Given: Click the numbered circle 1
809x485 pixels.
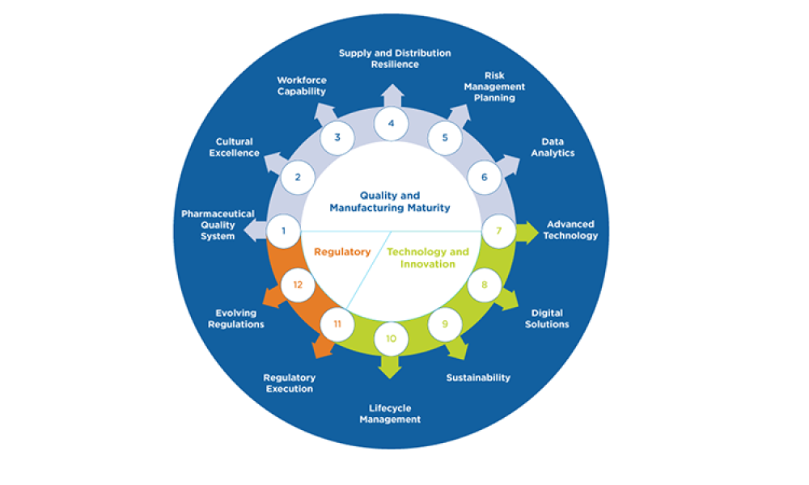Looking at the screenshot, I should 284,231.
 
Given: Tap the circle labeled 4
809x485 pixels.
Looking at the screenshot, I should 391,124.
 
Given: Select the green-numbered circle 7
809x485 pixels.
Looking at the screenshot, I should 499,231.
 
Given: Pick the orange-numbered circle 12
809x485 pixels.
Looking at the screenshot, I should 299,285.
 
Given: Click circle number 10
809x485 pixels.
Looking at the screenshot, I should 391,339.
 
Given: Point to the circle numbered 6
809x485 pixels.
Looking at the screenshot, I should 485,177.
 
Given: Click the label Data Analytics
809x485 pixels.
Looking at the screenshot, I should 553,147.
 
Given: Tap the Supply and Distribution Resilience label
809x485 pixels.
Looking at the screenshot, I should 395,58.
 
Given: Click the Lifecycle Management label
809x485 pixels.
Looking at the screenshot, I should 390,414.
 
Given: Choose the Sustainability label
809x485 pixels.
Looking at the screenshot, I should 478,377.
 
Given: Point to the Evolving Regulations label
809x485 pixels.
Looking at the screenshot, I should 235,318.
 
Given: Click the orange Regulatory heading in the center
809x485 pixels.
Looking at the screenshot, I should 342,252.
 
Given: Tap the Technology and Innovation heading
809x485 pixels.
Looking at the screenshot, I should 427,258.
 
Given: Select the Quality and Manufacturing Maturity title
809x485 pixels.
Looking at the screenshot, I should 390,201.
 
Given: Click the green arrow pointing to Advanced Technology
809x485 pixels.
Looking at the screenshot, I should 528,232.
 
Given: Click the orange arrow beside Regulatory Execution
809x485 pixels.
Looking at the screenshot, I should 322,348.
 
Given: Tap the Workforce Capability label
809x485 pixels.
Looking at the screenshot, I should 301,86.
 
